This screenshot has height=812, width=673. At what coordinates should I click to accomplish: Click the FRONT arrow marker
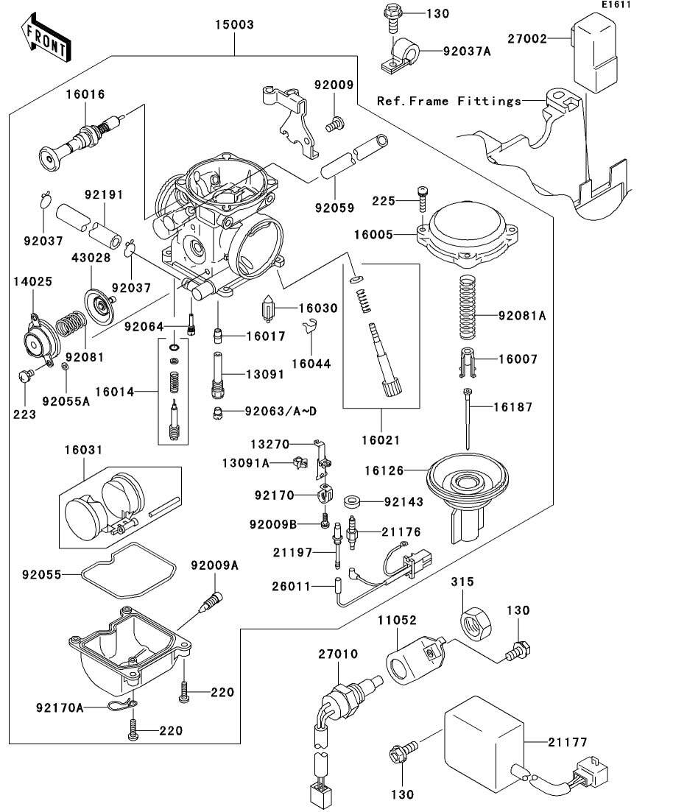coord(46,41)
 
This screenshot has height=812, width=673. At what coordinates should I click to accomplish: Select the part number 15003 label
coord(234,25)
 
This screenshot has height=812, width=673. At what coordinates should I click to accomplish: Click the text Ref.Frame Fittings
coord(448,101)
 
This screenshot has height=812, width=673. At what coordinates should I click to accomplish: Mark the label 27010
coord(338,654)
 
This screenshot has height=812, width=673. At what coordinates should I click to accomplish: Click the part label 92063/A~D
coord(280,411)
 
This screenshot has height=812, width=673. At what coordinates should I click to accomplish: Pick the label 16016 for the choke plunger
coord(85,94)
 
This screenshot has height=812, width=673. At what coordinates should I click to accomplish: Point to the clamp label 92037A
coord(468,52)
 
